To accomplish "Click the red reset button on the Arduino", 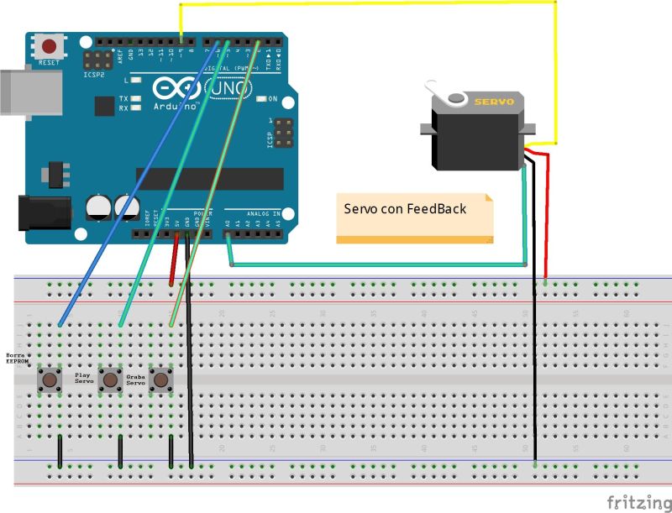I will pyautogui.click(x=50, y=47).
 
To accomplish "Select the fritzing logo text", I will pyautogui.click(x=635, y=501).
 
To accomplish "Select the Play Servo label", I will pyautogui.click(x=84, y=378).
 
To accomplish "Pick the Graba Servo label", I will pyautogui.click(x=135, y=380).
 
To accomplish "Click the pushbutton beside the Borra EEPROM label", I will pyautogui.click(x=50, y=380).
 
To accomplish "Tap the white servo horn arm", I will pyautogui.click(x=441, y=91).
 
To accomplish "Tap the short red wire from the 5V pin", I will pyautogui.click(x=174, y=260).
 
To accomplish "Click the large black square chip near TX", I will pyautogui.click(x=104, y=106).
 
